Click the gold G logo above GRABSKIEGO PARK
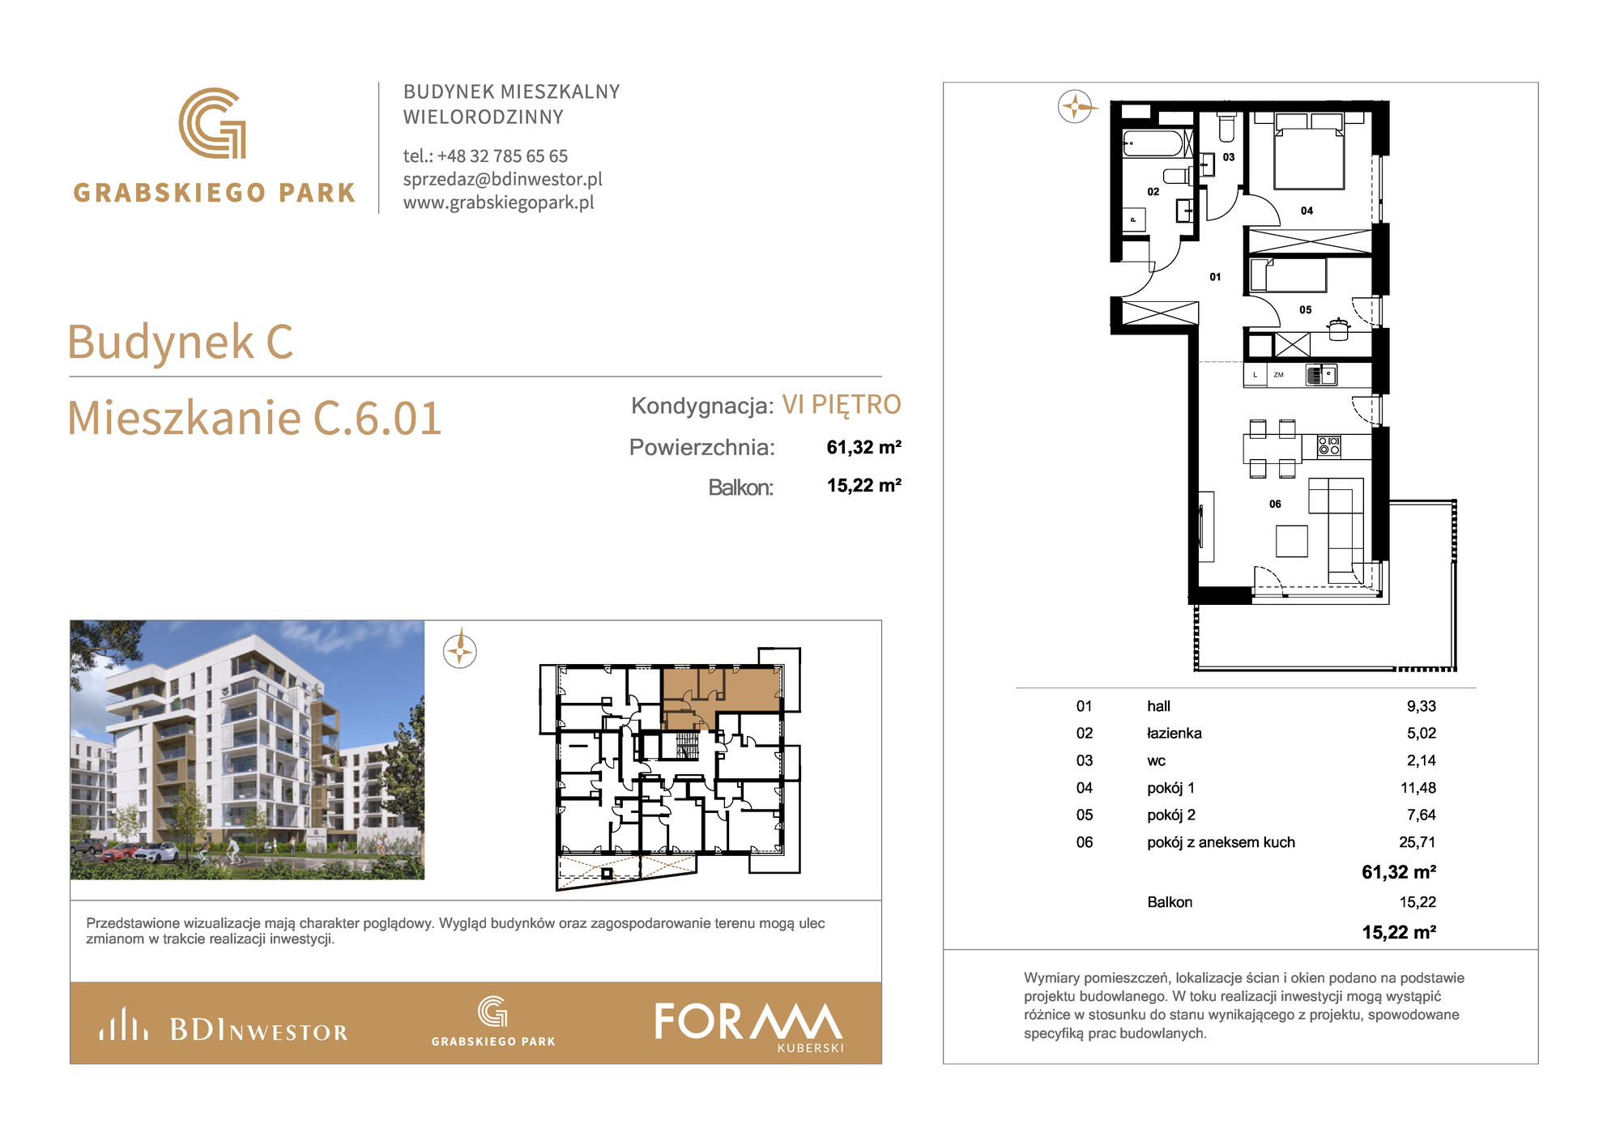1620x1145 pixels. [x=212, y=123]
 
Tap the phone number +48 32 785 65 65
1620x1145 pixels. [x=502, y=155]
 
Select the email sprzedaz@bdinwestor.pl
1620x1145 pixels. [x=503, y=179]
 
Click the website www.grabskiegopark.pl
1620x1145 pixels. [x=499, y=202]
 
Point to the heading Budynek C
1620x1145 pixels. [x=180, y=342]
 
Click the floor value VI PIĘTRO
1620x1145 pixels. [x=842, y=404]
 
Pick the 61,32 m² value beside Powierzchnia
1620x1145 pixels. [x=863, y=447]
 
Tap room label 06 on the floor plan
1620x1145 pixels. [x=1275, y=504]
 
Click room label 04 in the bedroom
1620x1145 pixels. [x=1307, y=211]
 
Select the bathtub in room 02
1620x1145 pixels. [x=1153, y=143]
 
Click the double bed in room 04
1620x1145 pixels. [x=1309, y=151]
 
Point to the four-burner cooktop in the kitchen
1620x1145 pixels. [x=1328, y=446]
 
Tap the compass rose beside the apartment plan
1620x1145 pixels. [x=1076, y=106]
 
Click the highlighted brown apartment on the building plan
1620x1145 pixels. [x=721, y=692]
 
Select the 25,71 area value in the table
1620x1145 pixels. [x=1417, y=842]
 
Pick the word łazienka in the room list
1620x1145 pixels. [x=1174, y=733]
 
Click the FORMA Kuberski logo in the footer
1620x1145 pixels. [x=749, y=1025]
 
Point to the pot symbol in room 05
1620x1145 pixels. [x=1338, y=329]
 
